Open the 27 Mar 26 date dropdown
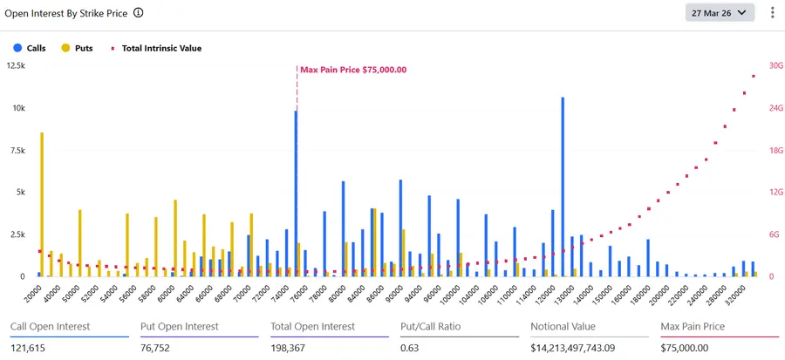point(720,13)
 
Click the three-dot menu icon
point(772,13)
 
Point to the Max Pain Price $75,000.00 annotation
point(352,70)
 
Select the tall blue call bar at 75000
point(296,192)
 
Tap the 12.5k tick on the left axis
point(16,65)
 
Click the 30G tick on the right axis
point(773,65)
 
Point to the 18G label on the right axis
point(773,150)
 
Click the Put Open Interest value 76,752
point(158,347)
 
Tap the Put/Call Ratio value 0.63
point(411,347)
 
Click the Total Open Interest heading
point(313,327)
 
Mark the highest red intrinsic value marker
point(754,77)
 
